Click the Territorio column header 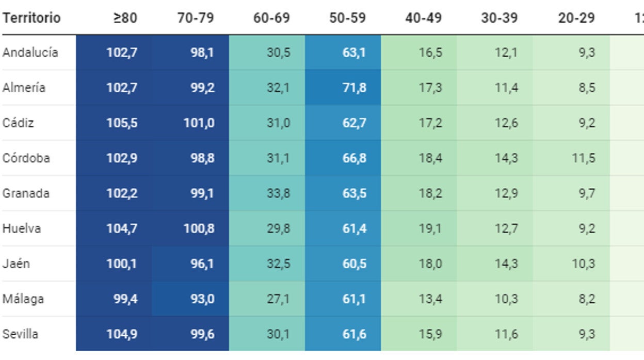31,18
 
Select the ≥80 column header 125,18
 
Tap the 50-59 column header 347,18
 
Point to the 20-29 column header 576,18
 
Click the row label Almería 24,88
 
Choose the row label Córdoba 26,158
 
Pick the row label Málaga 23,299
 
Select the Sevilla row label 21,334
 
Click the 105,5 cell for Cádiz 122,123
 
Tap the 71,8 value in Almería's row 355,88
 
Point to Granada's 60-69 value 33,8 278,193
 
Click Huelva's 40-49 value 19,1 430,228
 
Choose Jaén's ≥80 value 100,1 122,264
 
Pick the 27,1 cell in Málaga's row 278,299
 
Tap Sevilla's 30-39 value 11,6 507,334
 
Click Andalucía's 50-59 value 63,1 355,53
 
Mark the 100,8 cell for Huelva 199,228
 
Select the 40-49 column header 423,18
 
